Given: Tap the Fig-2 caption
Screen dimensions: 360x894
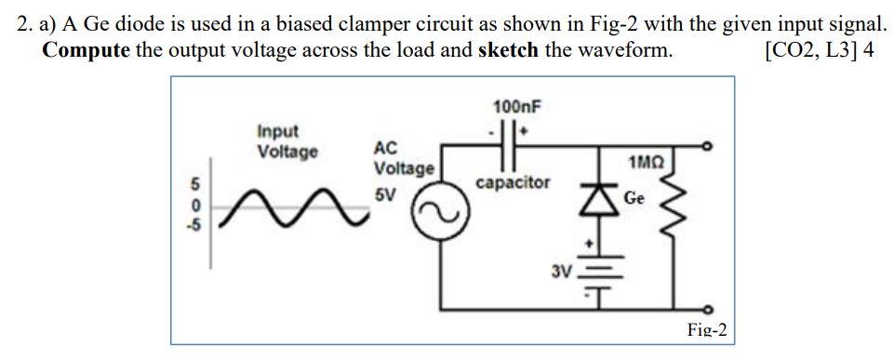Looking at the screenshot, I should click(706, 329).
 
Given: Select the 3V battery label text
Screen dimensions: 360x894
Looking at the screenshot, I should click(560, 272).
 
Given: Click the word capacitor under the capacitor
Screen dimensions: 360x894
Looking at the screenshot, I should click(512, 182).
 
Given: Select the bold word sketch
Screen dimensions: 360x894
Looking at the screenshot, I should click(507, 50).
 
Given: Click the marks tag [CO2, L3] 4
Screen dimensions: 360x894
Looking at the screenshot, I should click(818, 50).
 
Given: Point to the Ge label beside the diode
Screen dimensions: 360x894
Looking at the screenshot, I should click(634, 197).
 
